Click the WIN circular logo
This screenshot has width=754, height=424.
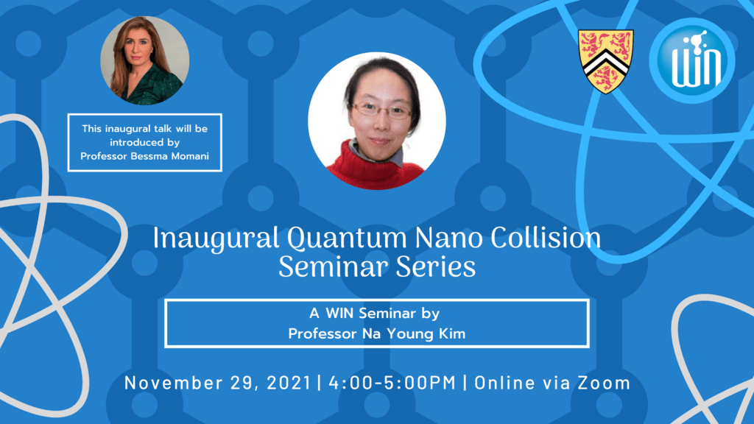pos(692,60)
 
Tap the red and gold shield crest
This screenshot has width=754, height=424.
pos(606,61)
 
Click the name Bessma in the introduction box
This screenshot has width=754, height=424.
pos(149,156)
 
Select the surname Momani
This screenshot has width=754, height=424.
pos(190,156)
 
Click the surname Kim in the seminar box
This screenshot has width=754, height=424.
pos(452,333)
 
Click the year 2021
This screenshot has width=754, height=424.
pos(289,383)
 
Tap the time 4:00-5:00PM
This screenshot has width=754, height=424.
pos(392,383)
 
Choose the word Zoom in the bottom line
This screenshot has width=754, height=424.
pos(604,383)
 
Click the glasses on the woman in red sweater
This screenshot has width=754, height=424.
pos(382,110)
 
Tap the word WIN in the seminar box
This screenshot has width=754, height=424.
pos(339,313)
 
